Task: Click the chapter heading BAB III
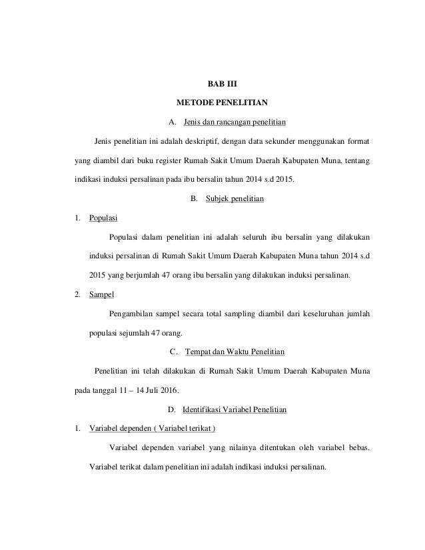(212, 85)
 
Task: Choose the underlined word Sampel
(102, 294)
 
